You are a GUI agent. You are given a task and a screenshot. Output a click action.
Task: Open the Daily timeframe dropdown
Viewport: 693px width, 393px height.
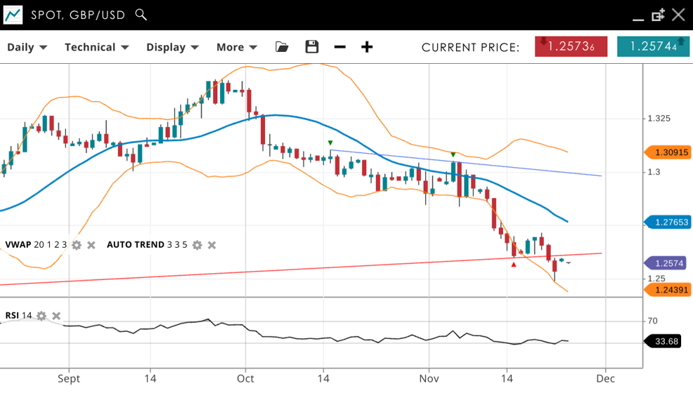click(x=27, y=47)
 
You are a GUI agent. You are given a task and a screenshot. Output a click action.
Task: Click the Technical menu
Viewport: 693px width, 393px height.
click(x=96, y=47)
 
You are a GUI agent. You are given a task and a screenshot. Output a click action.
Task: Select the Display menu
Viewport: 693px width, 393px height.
click(x=172, y=47)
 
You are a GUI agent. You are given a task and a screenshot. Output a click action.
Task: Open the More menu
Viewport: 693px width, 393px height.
click(x=236, y=47)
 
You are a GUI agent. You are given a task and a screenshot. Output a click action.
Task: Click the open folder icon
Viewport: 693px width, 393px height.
click(x=282, y=47)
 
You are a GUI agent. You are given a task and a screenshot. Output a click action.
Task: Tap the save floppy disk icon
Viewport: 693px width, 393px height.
click(x=312, y=47)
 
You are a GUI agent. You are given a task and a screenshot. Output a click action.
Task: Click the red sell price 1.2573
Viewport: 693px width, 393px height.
click(x=571, y=46)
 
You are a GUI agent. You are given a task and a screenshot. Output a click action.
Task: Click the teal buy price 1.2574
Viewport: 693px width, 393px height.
click(x=653, y=46)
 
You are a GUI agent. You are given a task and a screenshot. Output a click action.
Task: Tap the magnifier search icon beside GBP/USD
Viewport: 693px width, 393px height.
click(x=141, y=15)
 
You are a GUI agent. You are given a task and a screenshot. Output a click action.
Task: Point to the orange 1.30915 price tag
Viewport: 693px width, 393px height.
click(x=667, y=152)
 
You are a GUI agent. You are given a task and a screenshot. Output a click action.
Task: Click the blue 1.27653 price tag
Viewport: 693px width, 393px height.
click(x=667, y=222)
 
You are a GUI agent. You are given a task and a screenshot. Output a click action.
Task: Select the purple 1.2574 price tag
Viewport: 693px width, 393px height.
click(x=667, y=263)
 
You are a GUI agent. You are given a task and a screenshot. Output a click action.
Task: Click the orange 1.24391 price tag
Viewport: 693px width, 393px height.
click(x=667, y=289)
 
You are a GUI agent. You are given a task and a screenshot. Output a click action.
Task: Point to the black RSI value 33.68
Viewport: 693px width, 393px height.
click(x=666, y=341)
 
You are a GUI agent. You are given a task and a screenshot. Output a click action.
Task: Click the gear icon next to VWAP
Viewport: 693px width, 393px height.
click(x=77, y=245)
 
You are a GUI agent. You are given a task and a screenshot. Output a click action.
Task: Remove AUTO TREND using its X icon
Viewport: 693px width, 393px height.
click(x=212, y=245)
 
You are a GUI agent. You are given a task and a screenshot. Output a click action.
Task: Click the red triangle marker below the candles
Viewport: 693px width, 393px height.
click(x=514, y=265)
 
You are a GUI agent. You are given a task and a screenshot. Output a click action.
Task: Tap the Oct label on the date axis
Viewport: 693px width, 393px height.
click(x=245, y=378)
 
